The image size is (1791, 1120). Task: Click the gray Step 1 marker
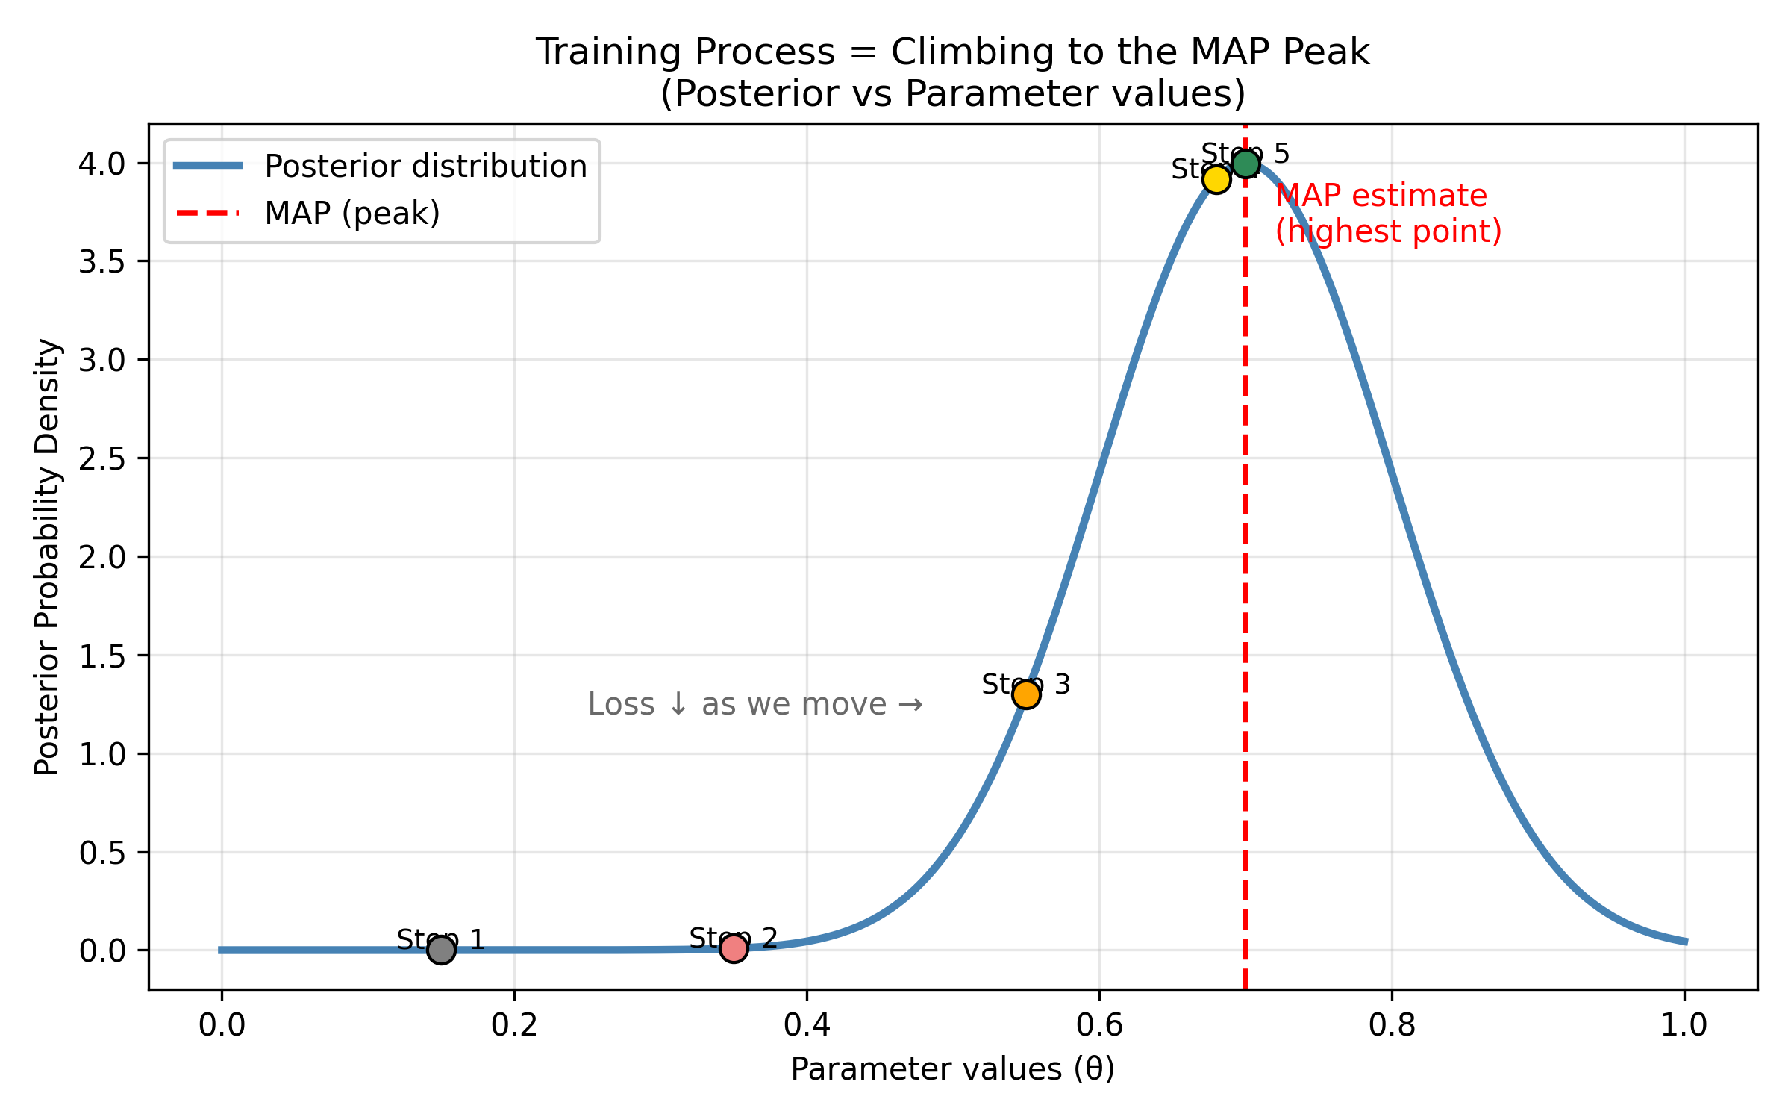(x=441, y=950)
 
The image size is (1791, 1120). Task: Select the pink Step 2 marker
(x=734, y=948)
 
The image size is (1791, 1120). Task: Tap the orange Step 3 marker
(x=1026, y=694)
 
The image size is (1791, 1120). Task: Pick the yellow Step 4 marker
(x=1216, y=179)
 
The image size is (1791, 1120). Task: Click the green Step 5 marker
(x=1245, y=164)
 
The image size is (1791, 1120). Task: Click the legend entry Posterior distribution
(x=425, y=167)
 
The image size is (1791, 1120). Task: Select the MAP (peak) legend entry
(x=352, y=214)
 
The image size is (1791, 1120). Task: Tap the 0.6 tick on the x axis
(x=1099, y=1026)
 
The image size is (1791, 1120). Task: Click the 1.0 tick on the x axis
(x=1684, y=1026)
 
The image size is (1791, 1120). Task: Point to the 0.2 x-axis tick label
(x=514, y=1026)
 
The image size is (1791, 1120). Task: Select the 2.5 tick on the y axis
(x=102, y=458)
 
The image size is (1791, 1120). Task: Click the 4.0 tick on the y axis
(x=102, y=164)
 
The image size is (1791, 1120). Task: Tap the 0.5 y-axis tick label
(x=102, y=853)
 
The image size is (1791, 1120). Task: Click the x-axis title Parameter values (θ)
(x=953, y=1069)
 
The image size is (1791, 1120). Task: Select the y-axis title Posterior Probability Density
(x=47, y=557)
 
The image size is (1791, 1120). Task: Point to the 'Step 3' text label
(x=1026, y=684)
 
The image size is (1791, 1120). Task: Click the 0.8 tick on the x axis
(x=1392, y=1026)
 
